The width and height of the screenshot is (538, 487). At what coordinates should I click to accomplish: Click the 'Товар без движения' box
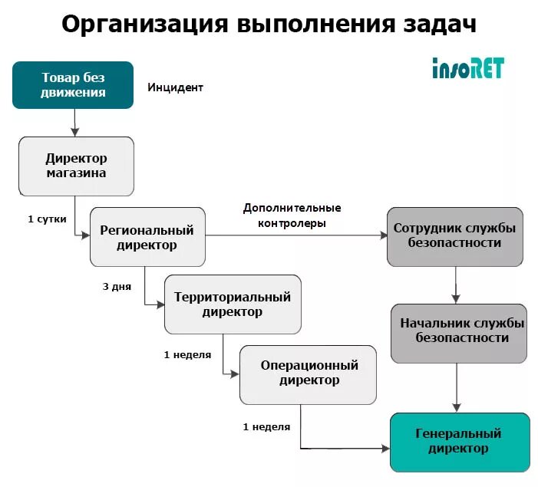73,85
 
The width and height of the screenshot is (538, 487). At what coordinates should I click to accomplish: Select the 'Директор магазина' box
76,165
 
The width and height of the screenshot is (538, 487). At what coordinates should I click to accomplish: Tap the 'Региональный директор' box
147,237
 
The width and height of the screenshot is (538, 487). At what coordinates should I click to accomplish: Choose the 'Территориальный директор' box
233,304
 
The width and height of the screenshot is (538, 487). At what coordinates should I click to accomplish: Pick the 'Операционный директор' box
308,373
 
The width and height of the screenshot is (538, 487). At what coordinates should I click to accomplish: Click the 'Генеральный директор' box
459,442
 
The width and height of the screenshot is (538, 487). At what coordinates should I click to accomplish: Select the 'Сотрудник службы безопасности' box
454,235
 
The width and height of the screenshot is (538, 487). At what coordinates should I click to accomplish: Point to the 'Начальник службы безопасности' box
459,332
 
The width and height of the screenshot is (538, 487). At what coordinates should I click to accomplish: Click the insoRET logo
467,68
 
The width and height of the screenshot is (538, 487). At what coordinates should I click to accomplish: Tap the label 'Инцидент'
176,87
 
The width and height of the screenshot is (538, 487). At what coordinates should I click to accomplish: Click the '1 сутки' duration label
47,219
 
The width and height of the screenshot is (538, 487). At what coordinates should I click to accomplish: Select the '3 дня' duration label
117,287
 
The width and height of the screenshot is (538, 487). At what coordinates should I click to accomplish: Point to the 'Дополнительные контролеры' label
292,216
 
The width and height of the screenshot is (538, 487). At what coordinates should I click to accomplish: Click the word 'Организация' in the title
145,25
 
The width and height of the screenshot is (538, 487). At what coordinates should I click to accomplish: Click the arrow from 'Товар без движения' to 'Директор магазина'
75,122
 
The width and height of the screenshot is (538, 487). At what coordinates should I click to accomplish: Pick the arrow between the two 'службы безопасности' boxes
456,285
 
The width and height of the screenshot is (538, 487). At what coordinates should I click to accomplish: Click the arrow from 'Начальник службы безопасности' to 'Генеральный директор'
457,387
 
